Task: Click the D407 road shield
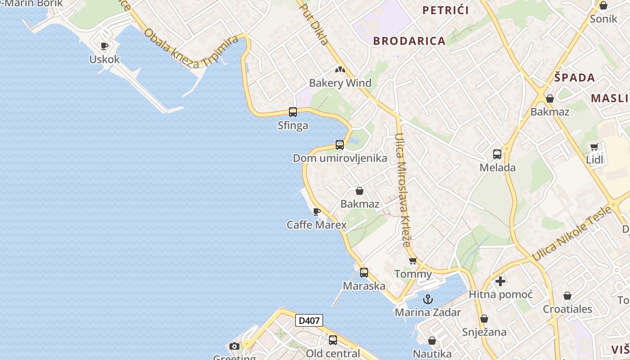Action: [x=309, y=320]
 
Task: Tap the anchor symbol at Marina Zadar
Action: [x=428, y=299]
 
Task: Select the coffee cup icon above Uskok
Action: [x=104, y=46]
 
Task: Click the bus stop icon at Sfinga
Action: [x=293, y=112]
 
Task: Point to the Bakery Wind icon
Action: [x=340, y=70]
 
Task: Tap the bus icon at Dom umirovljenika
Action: [x=340, y=145]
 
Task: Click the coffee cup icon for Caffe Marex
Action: [x=317, y=211]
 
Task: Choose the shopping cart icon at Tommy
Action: [x=413, y=261]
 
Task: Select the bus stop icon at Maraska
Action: [x=364, y=273]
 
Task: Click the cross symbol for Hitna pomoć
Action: [x=500, y=282]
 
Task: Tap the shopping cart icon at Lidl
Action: [x=594, y=147]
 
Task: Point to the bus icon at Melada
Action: [x=497, y=154]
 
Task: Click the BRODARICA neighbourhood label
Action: [x=409, y=41]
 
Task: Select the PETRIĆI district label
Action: [x=445, y=10]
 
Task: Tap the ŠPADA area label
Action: [x=575, y=77]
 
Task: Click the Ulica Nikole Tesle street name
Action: [x=571, y=234]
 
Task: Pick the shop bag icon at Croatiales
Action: [x=567, y=296]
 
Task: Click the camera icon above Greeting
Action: [x=234, y=346]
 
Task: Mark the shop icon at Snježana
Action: [x=484, y=319]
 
